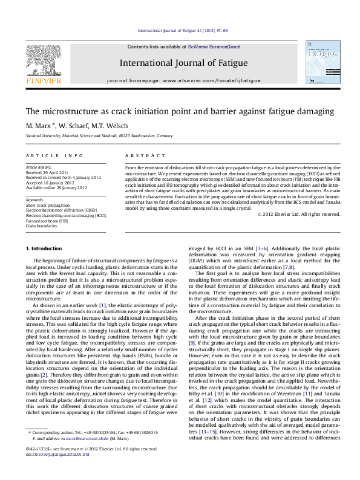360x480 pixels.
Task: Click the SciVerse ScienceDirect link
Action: [x=214, y=47]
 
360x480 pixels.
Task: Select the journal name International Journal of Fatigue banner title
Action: [x=183, y=63]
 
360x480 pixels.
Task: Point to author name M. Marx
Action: [x=39, y=126]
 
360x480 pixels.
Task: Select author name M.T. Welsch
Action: [x=110, y=126]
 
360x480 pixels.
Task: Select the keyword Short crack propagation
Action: [x=47, y=206]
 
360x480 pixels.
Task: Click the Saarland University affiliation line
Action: [x=90, y=137]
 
